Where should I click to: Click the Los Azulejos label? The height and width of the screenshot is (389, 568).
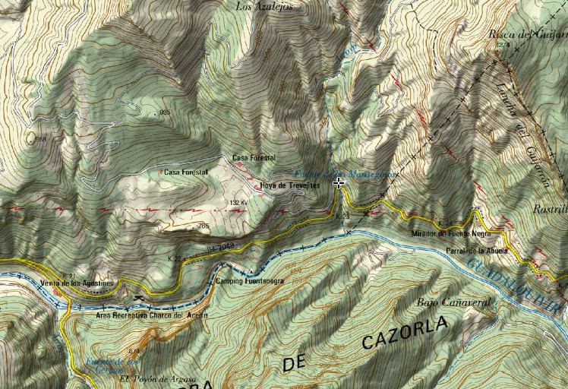tap(263, 6)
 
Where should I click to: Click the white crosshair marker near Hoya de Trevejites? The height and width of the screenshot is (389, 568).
tap(339, 182)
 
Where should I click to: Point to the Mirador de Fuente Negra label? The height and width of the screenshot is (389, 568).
tap(449, 234)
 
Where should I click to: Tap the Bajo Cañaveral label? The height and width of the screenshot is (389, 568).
tap(454, 302)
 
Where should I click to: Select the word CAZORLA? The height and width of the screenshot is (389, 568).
tap(405, 331)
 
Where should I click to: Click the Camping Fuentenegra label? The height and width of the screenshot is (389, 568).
tap(251, 281)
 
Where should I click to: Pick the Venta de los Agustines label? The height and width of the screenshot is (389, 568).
tap(76, 283)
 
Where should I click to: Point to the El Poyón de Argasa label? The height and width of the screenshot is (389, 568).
tap(157, 378)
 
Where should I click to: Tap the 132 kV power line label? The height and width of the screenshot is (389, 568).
tap(238, 203)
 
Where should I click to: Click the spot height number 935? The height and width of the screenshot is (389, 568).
tap(166, 112)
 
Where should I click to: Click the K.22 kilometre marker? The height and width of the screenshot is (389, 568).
tap(175, 259)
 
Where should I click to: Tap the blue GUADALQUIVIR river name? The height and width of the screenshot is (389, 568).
tap(516, 286)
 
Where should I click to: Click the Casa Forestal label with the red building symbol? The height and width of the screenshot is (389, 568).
tap(185, 172)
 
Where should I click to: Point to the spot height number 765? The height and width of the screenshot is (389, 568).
tap(203, 226)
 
